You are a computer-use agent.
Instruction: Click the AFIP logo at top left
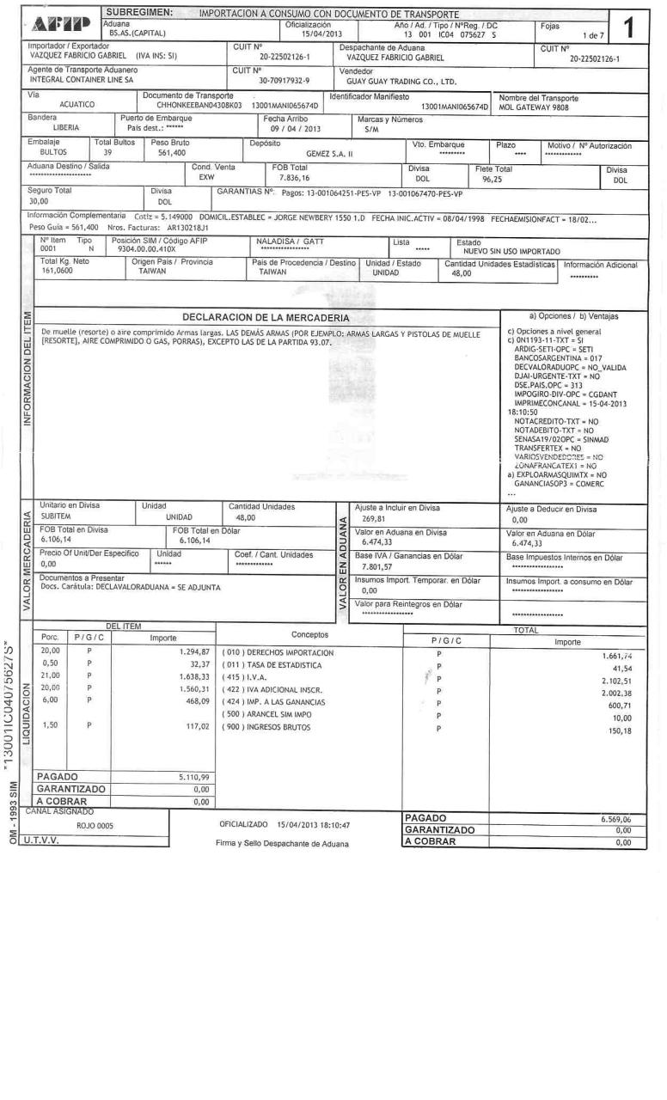click(x=64, y=20)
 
